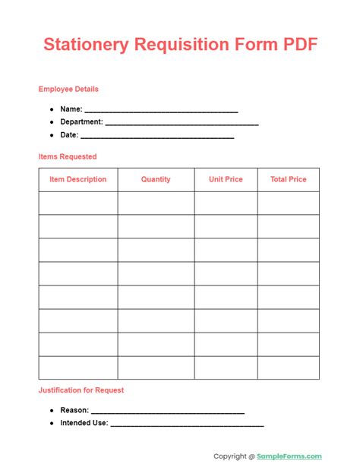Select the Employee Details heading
click(68, 89)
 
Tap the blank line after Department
click(182, 122)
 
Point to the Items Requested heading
click(68, 156)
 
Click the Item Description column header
click(78, 179)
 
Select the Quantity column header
click(156, 179)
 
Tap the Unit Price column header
click(226, 179)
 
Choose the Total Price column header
click(289, 179)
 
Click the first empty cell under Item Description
click(78, 203)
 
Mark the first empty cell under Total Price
click(289, 203)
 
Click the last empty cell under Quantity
click(156, 367)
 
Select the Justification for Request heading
click(81, 390)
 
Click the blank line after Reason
click(168, 411)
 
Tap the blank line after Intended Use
click(187, 424)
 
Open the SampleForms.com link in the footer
click(289, 456)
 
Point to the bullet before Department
click(52, 122)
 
